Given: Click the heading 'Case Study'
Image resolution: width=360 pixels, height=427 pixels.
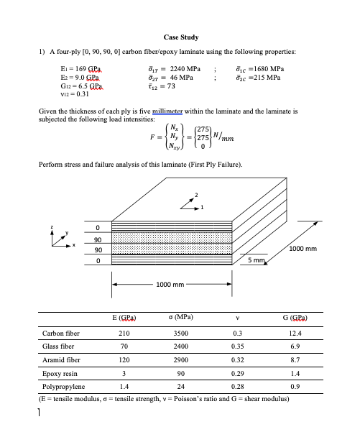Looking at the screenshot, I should [181, 37].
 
